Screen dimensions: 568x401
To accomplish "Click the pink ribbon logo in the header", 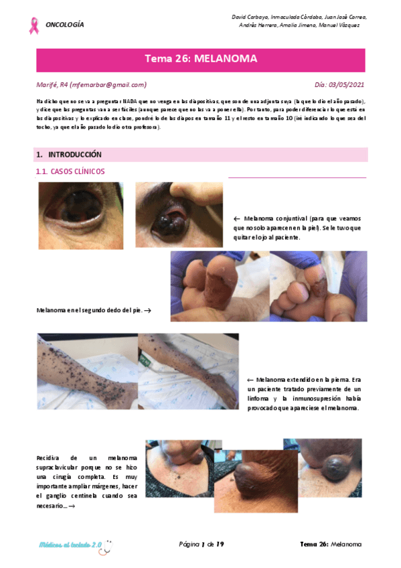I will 33,25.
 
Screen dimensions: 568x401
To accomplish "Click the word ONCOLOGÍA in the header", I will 65,25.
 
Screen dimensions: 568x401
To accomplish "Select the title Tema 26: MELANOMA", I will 201,60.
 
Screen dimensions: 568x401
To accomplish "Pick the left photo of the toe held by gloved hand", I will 220,287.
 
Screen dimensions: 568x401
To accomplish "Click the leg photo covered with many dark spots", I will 87,371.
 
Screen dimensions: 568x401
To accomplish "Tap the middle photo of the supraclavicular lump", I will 255,480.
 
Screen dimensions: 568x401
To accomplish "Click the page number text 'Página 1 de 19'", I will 201,544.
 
